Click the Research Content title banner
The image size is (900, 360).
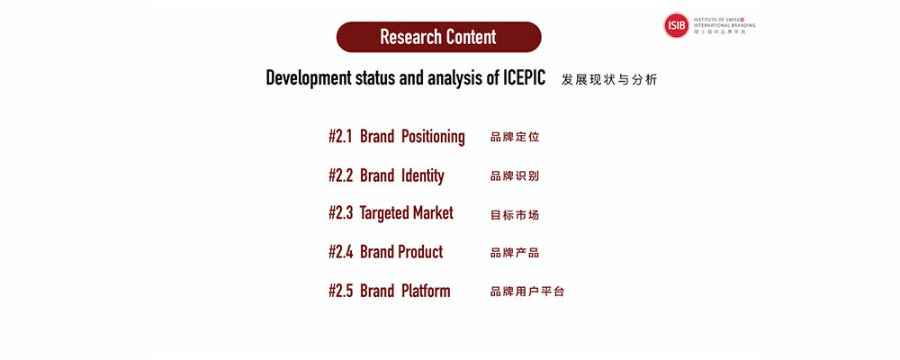[438, 37]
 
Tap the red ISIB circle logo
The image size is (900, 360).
[676, 25]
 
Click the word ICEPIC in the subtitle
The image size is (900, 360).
[525, 77]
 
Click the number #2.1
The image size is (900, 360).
[341, 137]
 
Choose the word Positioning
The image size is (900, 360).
[433, 137]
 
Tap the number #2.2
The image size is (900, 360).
[341, 175]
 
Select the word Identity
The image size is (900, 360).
[422, 176]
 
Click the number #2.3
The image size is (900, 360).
[341, 213]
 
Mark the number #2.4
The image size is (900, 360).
[341, 252]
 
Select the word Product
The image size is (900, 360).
[422, 252]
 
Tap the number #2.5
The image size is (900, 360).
[341, 291]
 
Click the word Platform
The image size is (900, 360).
[426, 291]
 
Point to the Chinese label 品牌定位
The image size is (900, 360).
[514, 137]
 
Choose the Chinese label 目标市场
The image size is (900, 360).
[514, 215]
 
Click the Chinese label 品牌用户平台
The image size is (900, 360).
[526, 292]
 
